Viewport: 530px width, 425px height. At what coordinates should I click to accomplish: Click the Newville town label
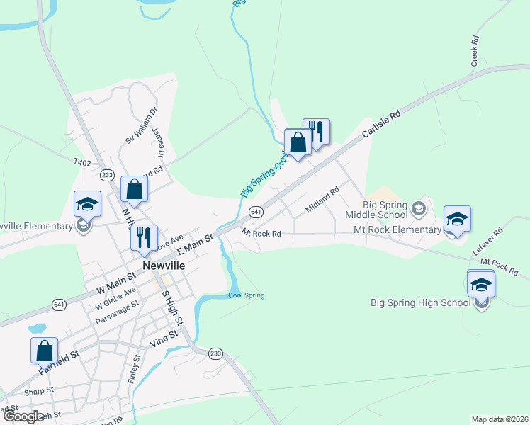[x=164, y=265]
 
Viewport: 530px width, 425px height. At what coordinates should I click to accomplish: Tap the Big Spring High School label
[x=420, y=303]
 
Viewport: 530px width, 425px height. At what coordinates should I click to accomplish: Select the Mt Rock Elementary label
[x=397, y=229]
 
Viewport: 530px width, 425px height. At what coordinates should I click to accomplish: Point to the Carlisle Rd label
[x=381, y=123]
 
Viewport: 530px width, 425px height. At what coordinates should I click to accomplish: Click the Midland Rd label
[x=322, y=199]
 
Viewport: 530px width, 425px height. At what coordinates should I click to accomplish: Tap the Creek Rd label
[x=475, y=52]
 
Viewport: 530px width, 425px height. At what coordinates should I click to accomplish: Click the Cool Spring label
[x=246, y=295]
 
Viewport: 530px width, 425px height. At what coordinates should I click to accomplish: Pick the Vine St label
[x=162, y=341]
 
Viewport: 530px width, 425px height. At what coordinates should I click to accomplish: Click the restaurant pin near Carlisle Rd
[x=316, y=132]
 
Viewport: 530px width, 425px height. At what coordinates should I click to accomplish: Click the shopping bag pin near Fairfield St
[x=44, y=350]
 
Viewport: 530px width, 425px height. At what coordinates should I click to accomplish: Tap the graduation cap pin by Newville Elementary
[x=88, y=205]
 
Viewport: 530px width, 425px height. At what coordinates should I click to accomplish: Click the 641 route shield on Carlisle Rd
[x=256, y=211]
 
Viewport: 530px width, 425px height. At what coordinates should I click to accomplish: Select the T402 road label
[x=82, y=162]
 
